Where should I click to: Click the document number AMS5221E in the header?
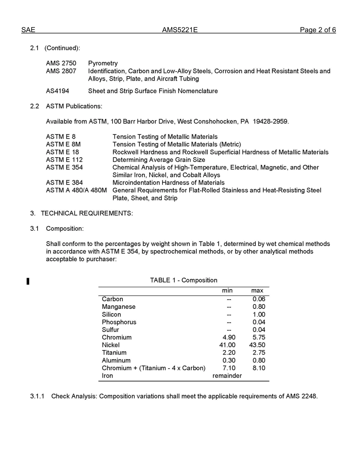pos(180,30)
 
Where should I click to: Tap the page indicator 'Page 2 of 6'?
pos(318,30)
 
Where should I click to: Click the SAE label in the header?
pos(28,30)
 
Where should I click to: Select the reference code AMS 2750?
pos(61,63)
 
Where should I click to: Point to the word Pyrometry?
pos(103,63)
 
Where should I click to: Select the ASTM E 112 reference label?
pos(64,160)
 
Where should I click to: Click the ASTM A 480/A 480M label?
pos(76,190)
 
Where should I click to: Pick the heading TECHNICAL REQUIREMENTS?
pos(87,213)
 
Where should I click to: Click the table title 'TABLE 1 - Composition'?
pos(183,280)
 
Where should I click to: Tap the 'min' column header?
pos(227,291)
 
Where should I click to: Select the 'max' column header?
pos(257,291)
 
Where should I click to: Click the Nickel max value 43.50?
pos(257,345)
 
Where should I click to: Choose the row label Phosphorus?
pos(119,322)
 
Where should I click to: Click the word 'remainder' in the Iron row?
pos(227,376)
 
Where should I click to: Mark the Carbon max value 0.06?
pos(259,299)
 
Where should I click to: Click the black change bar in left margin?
pos(28,281)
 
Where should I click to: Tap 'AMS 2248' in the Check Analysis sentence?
pos(302,397)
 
